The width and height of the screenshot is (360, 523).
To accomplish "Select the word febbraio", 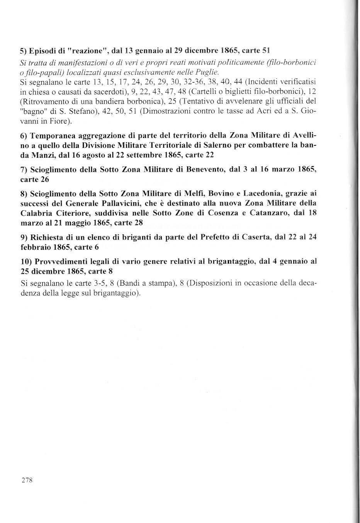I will point(34,247).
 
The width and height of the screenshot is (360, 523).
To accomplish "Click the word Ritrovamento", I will point(43,101).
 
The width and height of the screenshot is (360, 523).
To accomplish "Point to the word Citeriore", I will point(71,213).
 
